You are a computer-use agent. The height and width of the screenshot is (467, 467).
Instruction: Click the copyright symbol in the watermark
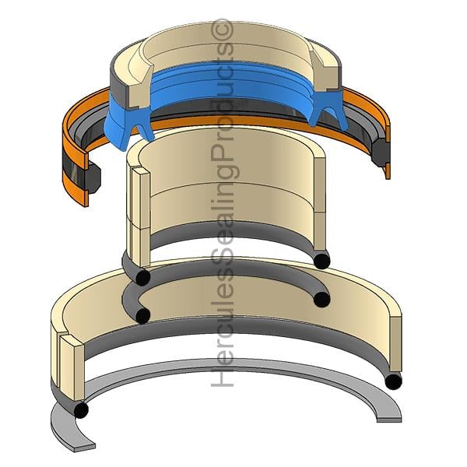(222, 30)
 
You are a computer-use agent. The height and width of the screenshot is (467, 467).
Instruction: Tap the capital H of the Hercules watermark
(222, 376)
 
